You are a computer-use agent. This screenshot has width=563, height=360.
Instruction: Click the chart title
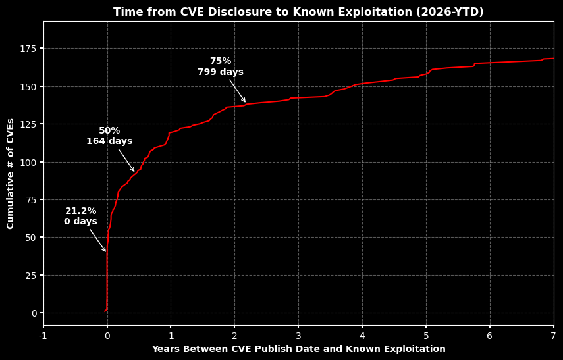[298, 12]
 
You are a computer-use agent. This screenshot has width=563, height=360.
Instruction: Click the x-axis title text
[298, 349]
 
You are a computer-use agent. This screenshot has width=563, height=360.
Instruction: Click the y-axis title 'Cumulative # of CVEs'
[11, 174]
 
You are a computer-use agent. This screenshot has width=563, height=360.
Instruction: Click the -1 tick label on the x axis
[43, 336]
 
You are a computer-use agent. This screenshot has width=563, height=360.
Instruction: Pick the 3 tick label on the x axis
[298, 336]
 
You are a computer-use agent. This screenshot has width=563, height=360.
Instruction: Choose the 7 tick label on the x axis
[553, 336]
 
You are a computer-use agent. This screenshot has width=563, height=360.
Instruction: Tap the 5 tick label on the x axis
[425, 336]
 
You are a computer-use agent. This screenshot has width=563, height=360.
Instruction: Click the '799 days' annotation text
[221, 72]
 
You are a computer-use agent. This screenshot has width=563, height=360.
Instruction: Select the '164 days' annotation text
[109, 141]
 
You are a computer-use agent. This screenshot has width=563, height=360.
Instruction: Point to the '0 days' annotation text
[80, 222]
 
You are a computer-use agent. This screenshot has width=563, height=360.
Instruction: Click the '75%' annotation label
[221, 61]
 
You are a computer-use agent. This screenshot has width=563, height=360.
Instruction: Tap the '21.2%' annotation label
[80, 211]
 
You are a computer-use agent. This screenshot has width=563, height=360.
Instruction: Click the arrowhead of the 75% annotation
[245, 102]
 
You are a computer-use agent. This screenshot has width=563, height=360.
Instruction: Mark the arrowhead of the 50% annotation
[134, 172]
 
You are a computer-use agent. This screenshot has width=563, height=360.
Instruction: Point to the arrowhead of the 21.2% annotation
[105, 251]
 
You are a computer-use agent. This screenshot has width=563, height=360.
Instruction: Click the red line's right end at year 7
[553, 59]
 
